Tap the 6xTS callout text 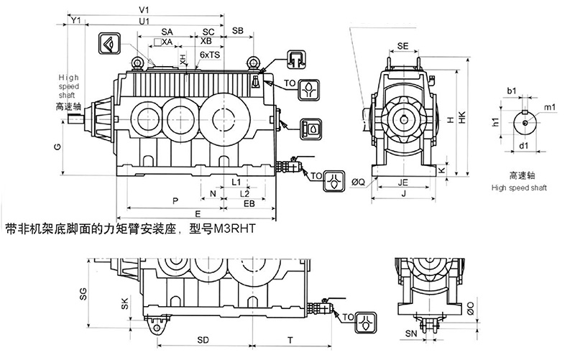[209, 55]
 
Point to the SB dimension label [238, 32]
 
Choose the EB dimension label [249, 205]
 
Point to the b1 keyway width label [512, 91]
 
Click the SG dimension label [83, 292]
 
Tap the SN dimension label [410, 333]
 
